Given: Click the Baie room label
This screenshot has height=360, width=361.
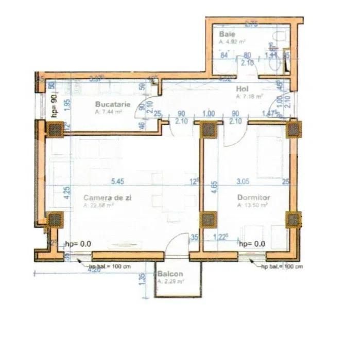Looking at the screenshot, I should pyautogui.click(x=228, y=34).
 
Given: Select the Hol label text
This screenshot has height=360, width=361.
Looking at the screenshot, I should pyautogui.click(x=242, y=88).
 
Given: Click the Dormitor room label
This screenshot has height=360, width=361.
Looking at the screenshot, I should pyautogui.click(x=253, y=197).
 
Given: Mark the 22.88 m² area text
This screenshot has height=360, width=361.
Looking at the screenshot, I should pyautogui.click(x=98, y=205).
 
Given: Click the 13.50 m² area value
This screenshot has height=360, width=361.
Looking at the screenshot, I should pyautogui.click(x=253, y=205).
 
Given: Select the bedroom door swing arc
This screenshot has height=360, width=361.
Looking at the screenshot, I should pyautogui.click(x=232, y=136).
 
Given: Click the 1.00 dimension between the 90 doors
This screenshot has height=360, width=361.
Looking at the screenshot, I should pyautogui.click(x=209, y=114).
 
